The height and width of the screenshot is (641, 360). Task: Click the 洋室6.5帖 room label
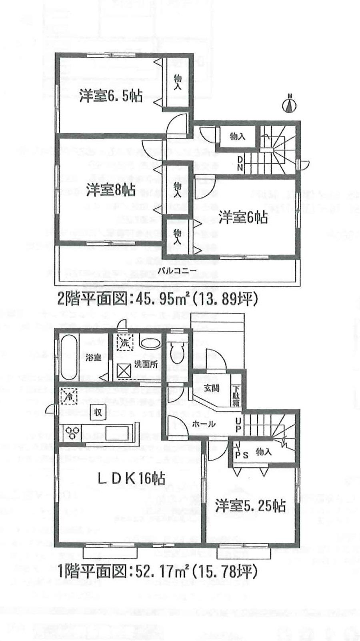pyautogui.click(x=110, y=96)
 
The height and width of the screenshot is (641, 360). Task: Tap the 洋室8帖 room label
pyautogui.click(x=110, y=190)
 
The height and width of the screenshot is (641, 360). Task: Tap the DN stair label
pyautogui.click(x=240, y=163)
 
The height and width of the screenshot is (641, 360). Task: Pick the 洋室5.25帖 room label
pyautogui.click(x=250, y=506)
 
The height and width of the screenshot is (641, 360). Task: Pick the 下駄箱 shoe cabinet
pyautogui.click(x=236, y=395)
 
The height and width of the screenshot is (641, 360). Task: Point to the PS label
pyautogui.click(x=242, y=455)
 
